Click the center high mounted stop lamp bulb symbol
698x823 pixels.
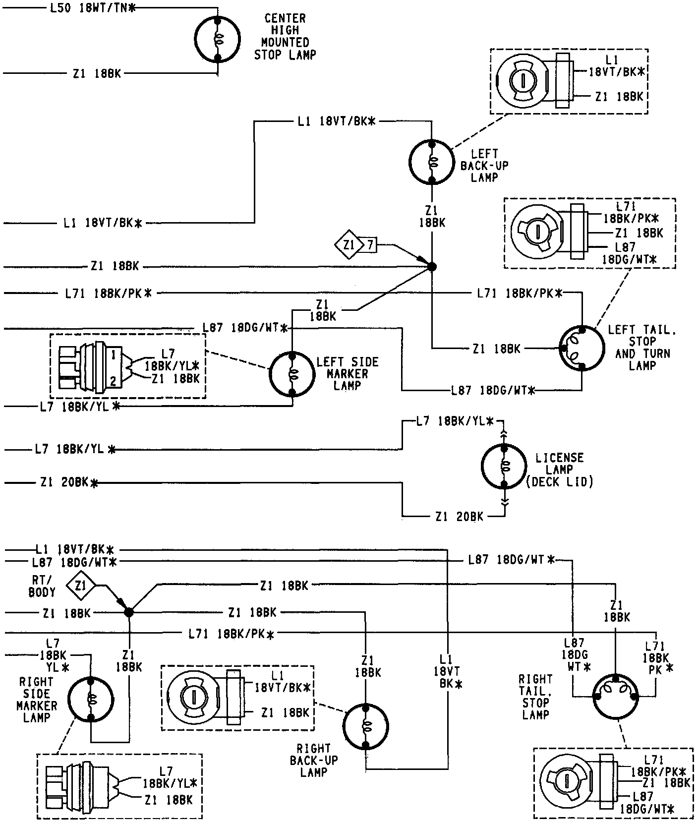217,39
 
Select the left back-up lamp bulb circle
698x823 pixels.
432,162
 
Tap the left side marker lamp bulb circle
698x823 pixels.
291,374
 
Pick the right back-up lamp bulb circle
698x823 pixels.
365,727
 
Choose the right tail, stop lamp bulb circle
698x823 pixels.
615,696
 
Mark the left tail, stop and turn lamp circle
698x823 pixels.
582,348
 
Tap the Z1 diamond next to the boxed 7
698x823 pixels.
349,244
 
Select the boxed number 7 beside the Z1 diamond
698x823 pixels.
370,244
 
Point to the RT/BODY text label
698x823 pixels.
42,586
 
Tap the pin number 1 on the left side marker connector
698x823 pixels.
114,354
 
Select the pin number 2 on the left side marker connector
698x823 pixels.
114,381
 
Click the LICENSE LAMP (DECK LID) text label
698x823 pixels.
559,470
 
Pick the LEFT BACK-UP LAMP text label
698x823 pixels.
484,166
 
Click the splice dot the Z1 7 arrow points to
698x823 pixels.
432,267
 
